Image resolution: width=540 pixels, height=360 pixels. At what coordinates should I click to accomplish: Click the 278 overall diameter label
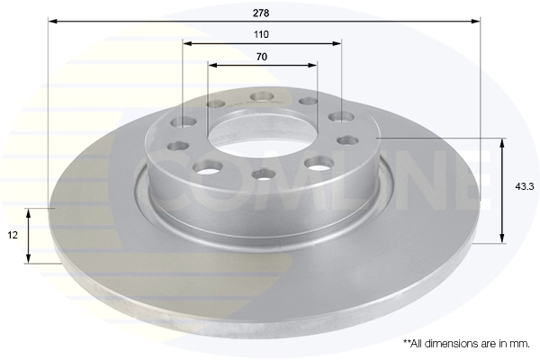[x=261, y=13]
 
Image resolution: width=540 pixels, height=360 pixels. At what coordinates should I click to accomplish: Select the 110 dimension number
[x=261, y=34]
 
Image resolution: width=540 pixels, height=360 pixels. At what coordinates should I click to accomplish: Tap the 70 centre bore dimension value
[x=261, y=57]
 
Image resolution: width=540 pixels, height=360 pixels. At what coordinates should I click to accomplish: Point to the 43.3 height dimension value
[x=524, y=186]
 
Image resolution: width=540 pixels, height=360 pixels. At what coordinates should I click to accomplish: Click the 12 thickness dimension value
[x=13, y=235]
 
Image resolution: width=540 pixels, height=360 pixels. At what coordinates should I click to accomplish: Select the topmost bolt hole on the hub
[x=263, y=97]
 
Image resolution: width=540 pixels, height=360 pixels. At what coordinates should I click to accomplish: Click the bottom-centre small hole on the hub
[x=264, y=174]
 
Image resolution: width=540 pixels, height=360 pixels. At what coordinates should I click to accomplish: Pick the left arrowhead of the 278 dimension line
[x=53, y=22]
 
